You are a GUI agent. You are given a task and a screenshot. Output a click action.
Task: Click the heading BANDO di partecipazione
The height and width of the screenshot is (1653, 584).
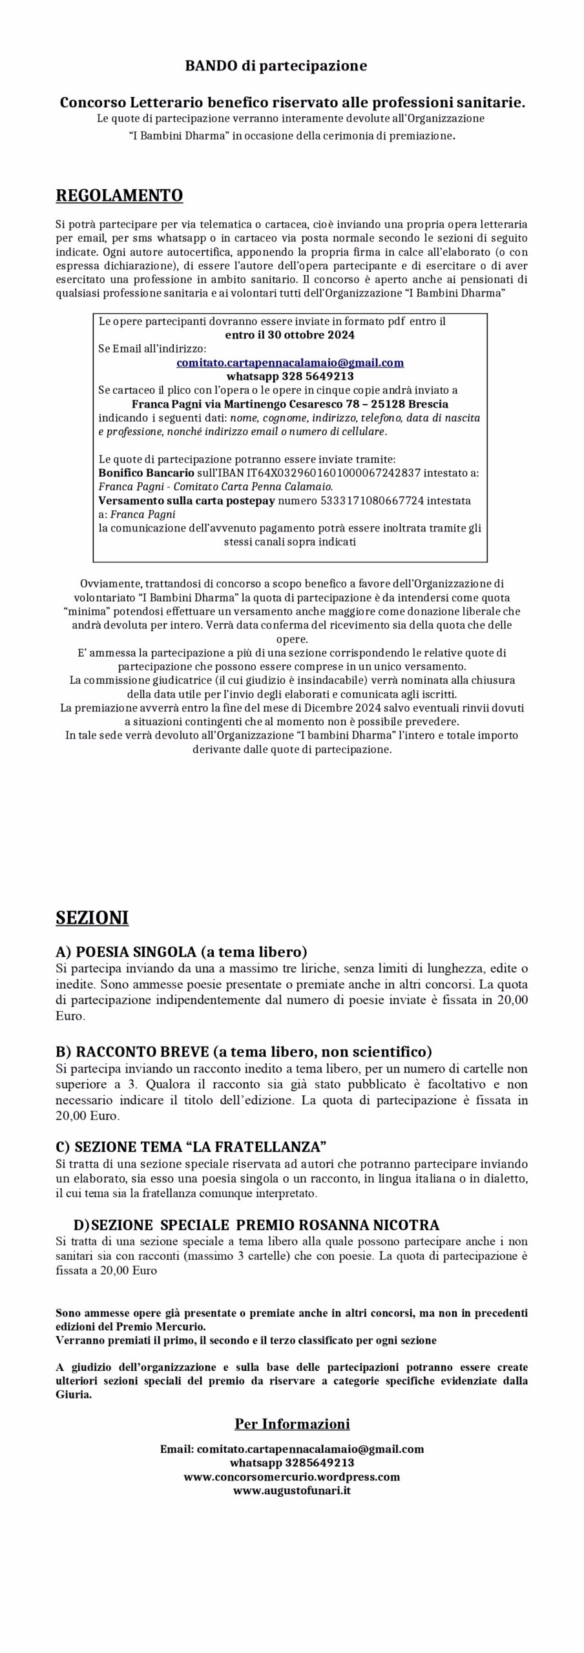276,66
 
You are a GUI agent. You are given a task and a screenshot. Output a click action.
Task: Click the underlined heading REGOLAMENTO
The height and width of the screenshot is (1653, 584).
119,195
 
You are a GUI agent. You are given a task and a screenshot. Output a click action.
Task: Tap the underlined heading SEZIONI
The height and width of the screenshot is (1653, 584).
92,918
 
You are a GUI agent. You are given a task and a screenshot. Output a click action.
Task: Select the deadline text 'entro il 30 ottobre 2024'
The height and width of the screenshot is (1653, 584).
289,335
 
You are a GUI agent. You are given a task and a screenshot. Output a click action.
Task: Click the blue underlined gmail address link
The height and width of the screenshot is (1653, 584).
290,363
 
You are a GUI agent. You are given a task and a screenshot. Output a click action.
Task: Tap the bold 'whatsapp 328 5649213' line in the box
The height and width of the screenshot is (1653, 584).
290,376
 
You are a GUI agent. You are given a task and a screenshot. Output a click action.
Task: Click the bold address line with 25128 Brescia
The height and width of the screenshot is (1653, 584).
290,404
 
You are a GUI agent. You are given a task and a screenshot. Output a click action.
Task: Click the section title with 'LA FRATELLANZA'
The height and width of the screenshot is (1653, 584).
191,1147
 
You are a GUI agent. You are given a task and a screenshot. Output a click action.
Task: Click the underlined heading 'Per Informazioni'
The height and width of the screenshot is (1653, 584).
292,1424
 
